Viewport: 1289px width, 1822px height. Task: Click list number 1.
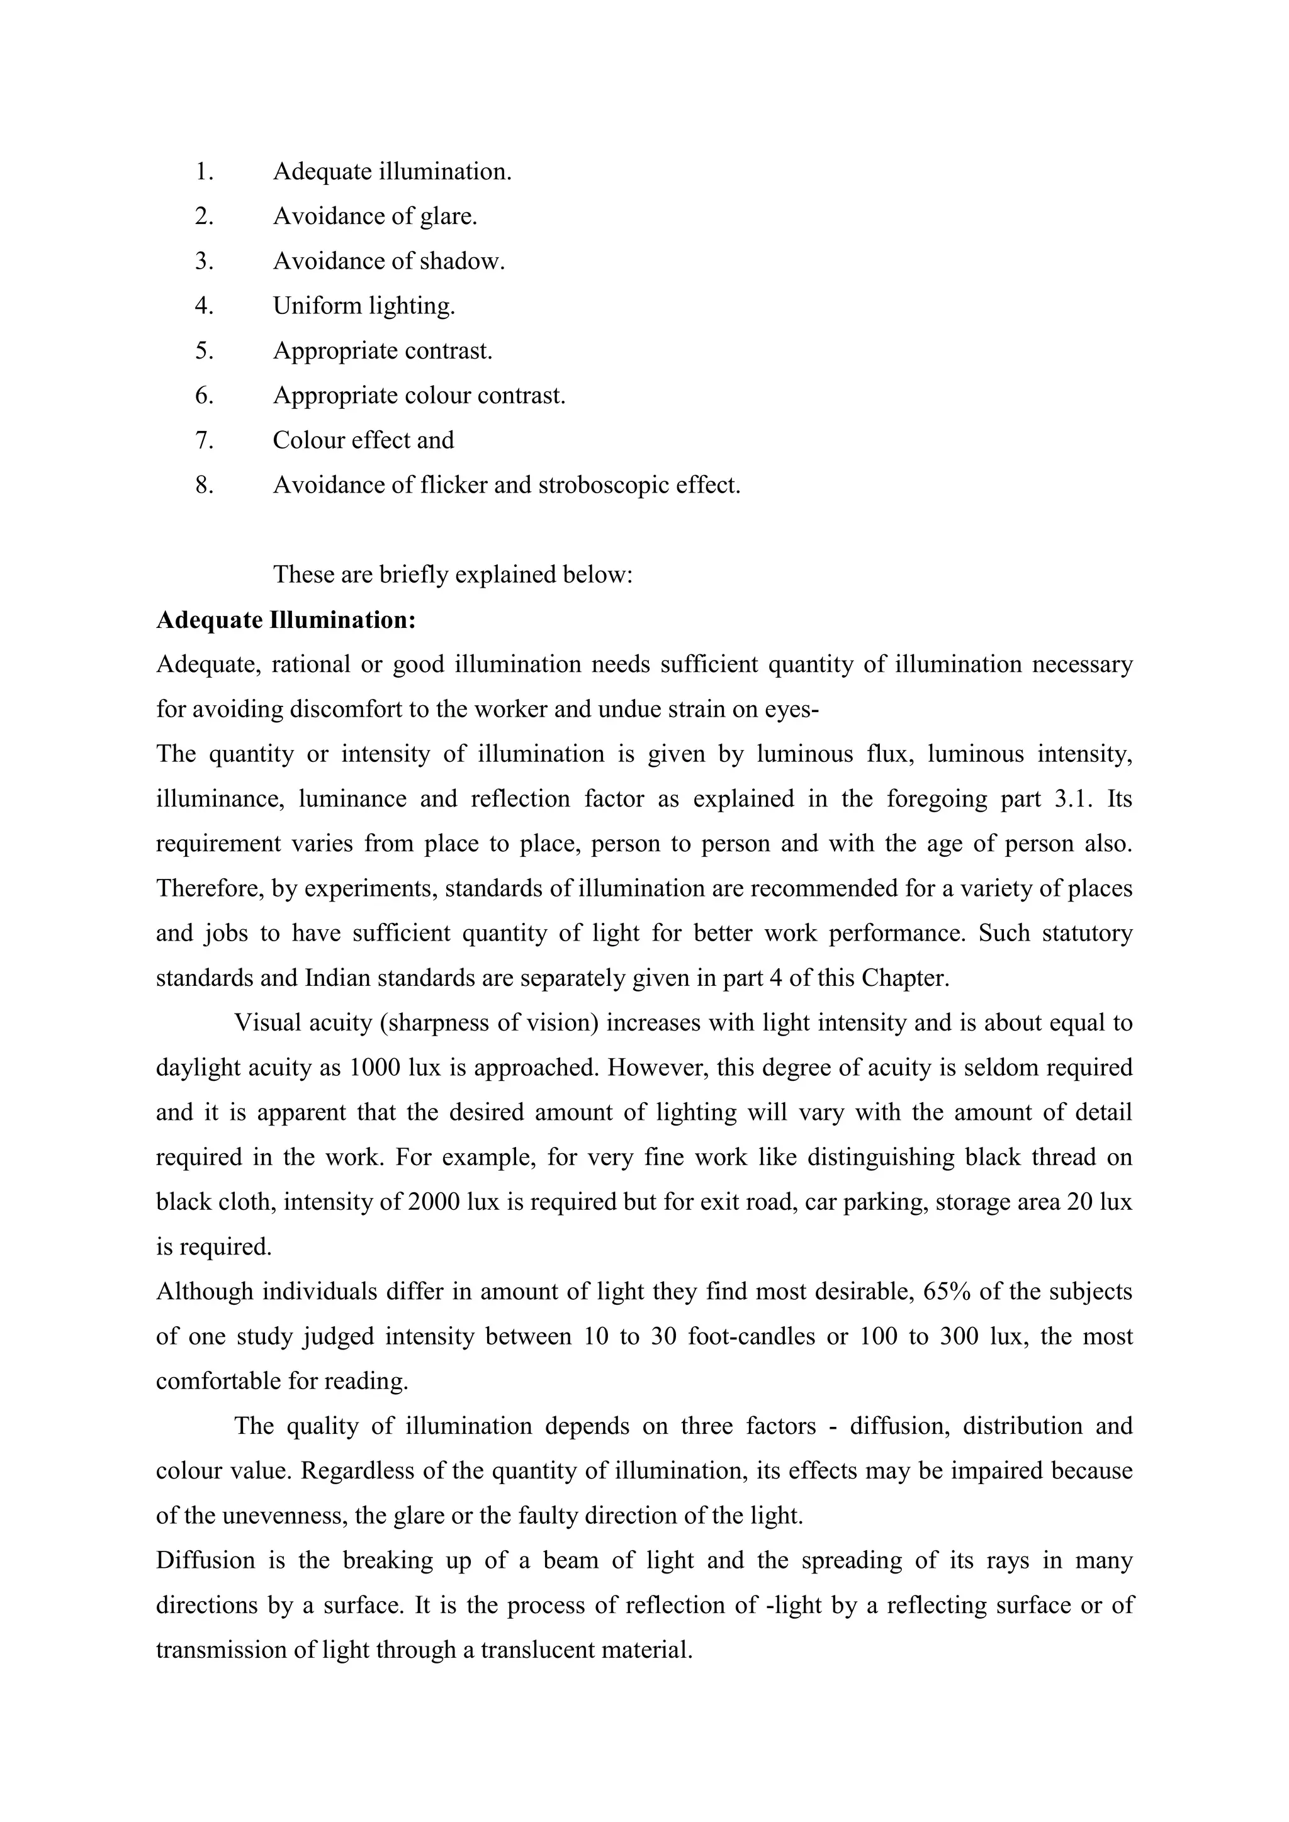point(204,171)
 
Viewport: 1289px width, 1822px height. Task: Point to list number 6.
point(204,395)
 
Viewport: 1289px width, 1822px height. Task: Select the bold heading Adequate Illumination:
point(286,620)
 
